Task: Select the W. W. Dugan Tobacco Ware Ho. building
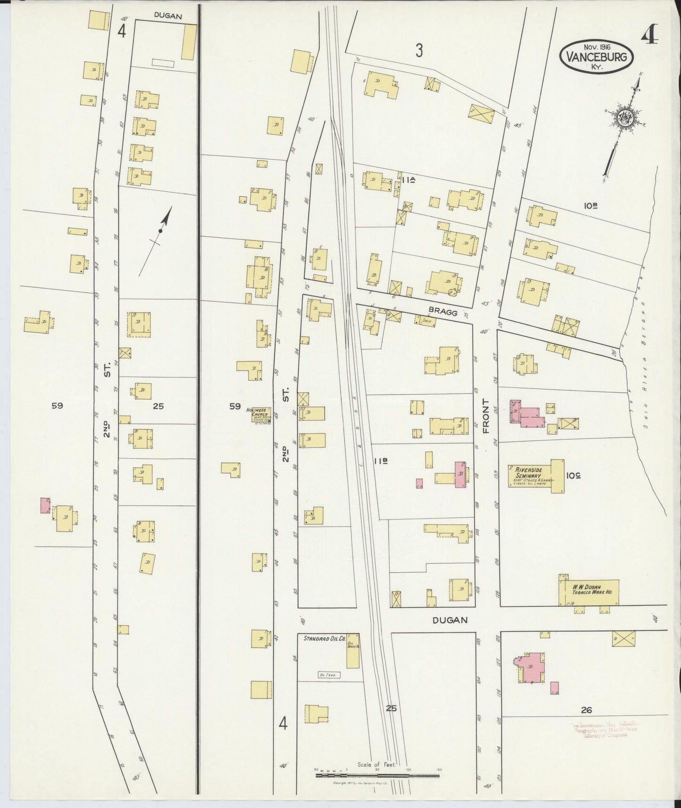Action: click(589, 592)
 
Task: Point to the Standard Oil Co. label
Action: click(324, 639)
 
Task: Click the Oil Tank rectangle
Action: click(329, 675)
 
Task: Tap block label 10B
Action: click(591, 206)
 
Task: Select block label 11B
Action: click(381, 462)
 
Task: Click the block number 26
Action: click(586, 710)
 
